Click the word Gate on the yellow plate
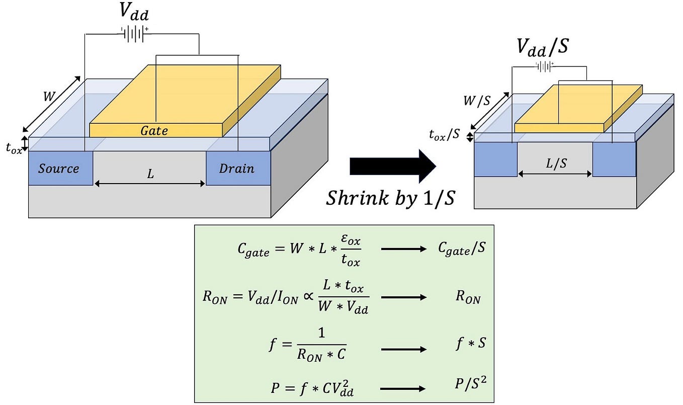[154, 131]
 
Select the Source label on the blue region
[59, 169]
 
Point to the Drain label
[236, 169]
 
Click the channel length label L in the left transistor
[150, 175]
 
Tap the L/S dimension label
[555, 164]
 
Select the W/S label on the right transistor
[477, 101]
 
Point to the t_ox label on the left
[14, 149]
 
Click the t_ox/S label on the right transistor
[445, 135]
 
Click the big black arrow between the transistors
[392, 166]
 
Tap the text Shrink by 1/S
[390, 198]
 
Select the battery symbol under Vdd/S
[545, 66]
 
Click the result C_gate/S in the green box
[462, 249]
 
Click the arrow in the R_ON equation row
[403, 297]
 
